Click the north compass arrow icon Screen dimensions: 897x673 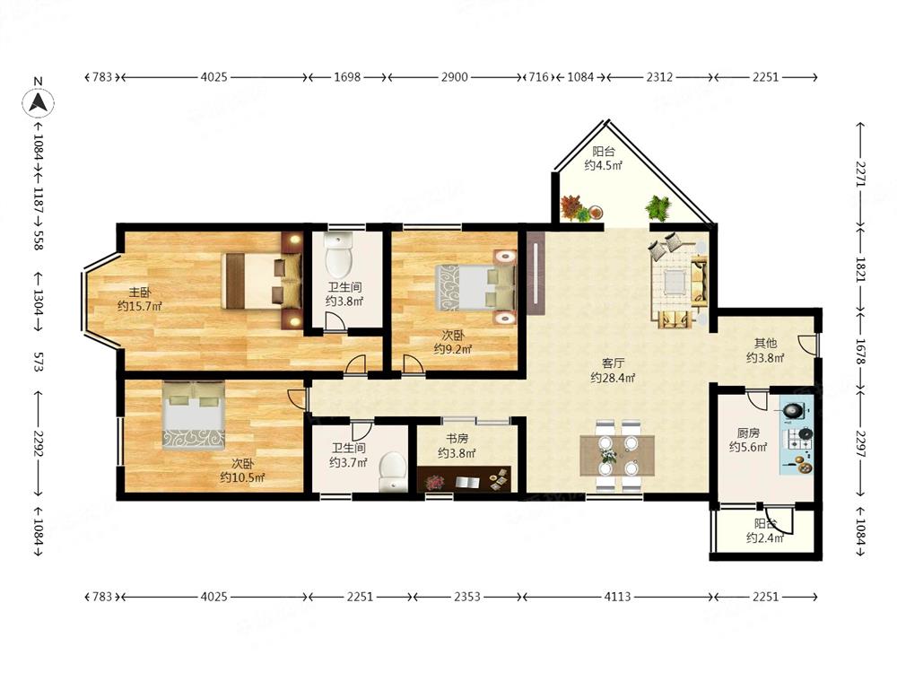click(x=39, y=103)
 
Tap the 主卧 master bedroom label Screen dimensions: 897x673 click(x=140, y=293)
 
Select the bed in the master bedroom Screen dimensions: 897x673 click(x=261, y=280)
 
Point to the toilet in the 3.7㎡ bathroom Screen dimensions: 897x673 click(x=393, y=472)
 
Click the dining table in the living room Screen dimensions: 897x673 click(x=617, y=456)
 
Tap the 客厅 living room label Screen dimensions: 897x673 click(x=613, y=363)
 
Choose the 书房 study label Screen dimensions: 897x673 click(x=457, y=439)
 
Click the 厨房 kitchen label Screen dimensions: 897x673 click(x=748, y=433)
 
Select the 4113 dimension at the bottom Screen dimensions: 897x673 click(x=618, y=597)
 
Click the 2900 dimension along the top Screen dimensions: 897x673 click(x=454, y=76)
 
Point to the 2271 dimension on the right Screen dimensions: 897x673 click(x=861, y=174)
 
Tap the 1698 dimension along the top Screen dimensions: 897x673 click(x=347, y=76)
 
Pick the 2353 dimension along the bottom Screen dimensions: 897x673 click(x=467, y=597)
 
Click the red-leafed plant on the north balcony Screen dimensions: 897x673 click(x=572, y=206)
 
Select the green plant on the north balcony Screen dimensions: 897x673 click(x=658, y=208)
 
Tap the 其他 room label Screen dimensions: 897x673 click(x=765, y=344)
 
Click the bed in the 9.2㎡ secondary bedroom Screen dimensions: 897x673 click(x=475, y=287)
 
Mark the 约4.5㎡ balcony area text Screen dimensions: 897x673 click(x=604, y=166)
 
